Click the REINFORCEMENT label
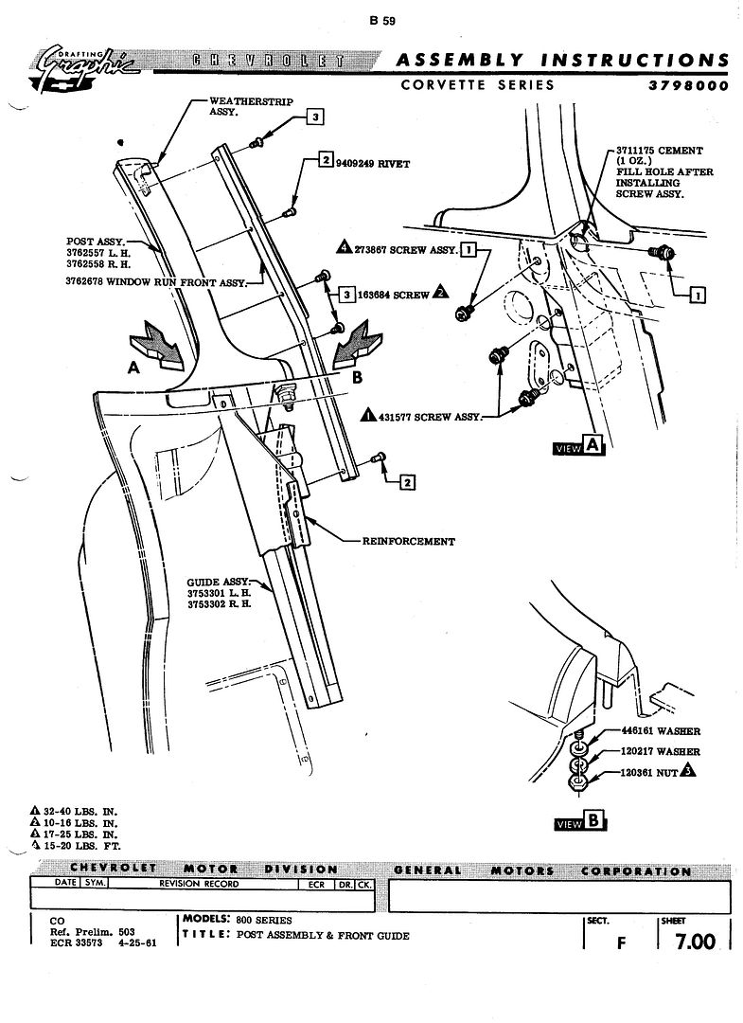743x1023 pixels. [x=408, y=542]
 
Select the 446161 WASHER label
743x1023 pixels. [x=661, y=731]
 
